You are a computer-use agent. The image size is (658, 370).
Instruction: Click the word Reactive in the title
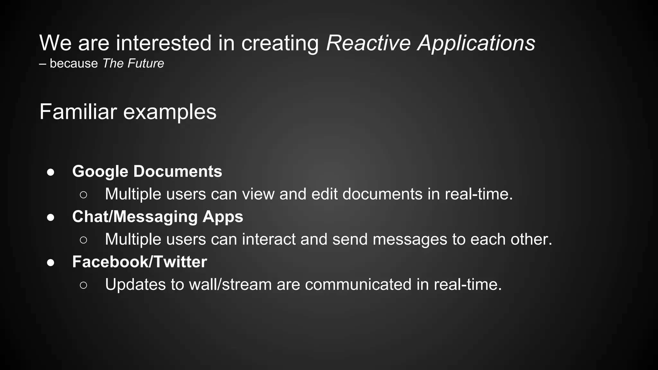coord(368,43)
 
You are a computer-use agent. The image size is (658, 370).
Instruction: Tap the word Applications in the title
coord(476,43)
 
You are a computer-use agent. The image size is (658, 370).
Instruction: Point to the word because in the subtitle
coord(74,63)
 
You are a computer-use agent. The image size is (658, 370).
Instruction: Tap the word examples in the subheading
coord(170,112)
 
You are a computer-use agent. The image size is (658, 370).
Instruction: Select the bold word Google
coord(100,172)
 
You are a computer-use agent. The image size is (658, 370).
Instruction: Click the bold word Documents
coord(178,171)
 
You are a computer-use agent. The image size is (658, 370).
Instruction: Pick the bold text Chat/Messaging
coord(135,217)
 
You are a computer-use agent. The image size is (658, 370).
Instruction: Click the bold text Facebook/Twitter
coord(139,262)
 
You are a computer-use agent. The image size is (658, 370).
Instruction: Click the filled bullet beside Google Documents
coord(50,172)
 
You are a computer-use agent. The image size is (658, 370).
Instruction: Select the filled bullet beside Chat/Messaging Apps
coord(50,217)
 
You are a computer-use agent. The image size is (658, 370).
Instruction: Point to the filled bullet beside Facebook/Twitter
coord(50,263)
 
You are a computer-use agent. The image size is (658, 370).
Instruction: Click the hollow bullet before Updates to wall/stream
coord(83,285)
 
